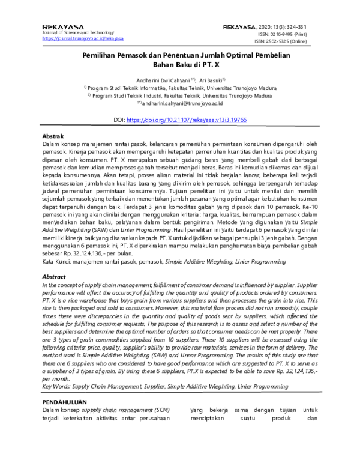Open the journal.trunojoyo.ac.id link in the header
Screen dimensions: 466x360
coord(83,39)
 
